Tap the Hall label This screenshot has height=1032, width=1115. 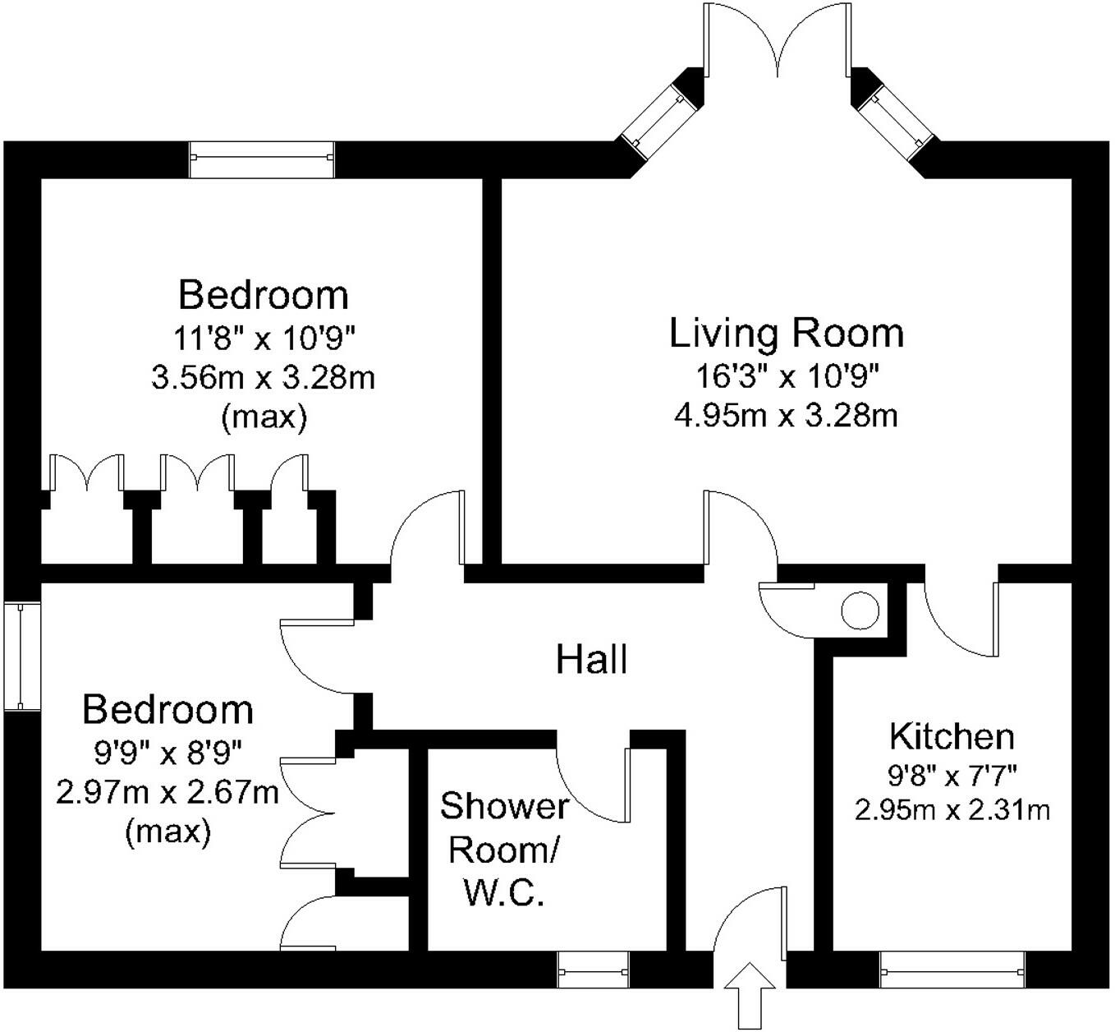point(591,660)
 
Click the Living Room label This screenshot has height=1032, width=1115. point(786,334)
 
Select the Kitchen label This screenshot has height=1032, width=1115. point(952,736)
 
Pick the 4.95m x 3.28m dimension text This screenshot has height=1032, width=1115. point(786,416)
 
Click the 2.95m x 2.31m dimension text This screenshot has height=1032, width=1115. point(952,811)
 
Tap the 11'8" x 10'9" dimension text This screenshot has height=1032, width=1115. point(263,337)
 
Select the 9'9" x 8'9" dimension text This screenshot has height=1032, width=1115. point(167,751)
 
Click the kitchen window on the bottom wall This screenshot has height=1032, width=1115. point(952,970)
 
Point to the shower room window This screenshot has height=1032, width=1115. point(593,970)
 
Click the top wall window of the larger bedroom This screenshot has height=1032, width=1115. point(262,159)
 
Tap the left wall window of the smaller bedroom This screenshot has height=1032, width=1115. point(21,655)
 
